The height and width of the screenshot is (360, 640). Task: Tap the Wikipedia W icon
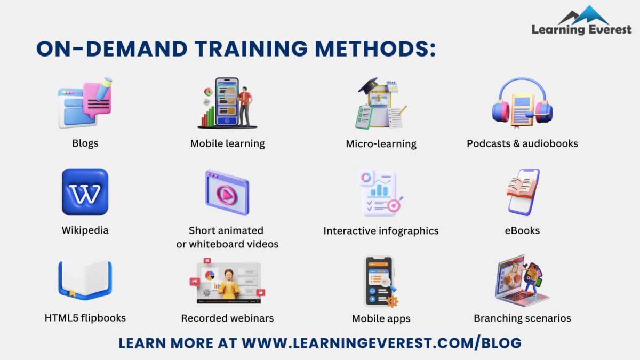tap(85, 192)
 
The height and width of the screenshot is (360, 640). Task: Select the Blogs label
tap(85, 143)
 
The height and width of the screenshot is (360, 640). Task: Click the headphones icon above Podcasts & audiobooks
tap(522, 103)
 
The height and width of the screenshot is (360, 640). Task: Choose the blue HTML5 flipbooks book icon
tap(85, 280)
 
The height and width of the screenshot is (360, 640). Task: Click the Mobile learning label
tap(227, 143)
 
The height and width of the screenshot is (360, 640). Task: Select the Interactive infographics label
tap(381, 231)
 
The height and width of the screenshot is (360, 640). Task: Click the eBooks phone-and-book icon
tap(523, 192)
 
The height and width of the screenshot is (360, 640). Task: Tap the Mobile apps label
tap(381, 319)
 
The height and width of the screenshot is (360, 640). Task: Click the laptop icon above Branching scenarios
tap(522, 281)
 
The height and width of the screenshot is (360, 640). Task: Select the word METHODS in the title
tap(375, 49)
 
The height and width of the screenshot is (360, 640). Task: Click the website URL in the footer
tap(381, 343)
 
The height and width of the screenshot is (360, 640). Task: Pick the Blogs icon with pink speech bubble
tap(85, 103)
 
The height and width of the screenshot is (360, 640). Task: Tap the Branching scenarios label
tap(522, 318)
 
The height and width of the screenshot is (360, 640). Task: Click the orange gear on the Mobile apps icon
tap(392, 301)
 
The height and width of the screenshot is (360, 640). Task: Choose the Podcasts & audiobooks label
tap(522, 143)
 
